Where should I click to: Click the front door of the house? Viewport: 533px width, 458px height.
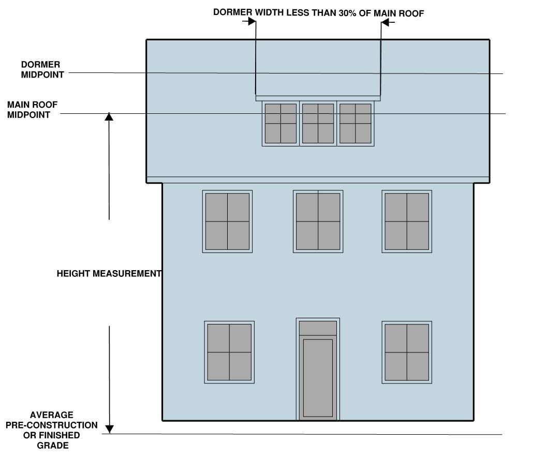point(318,378)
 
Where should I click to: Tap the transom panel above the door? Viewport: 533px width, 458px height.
point(318,328)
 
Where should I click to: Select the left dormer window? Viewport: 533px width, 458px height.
point(280,123)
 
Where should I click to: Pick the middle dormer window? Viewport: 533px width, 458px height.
point(318,123)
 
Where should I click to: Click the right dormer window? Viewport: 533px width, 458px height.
point(356,123)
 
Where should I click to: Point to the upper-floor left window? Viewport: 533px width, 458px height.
point(227,221)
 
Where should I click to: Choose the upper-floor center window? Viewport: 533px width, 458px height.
point(318,221)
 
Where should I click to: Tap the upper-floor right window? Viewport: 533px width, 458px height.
point(407,221)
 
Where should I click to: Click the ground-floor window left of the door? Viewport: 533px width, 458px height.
point(229,352)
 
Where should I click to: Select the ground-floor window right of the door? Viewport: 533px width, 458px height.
point(407,352)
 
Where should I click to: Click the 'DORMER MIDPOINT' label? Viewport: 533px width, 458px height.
point(42,69)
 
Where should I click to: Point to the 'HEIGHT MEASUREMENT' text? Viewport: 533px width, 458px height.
point(109,273)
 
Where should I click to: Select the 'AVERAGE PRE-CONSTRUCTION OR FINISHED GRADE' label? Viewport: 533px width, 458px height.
point(52,430)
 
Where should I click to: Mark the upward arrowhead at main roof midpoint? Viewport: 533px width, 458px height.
point(109,117)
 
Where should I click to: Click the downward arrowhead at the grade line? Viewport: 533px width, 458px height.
point(109,429)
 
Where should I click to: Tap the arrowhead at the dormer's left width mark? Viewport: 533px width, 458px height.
point(252,22)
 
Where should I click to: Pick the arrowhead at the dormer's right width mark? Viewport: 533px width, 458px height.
point(386,22)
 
